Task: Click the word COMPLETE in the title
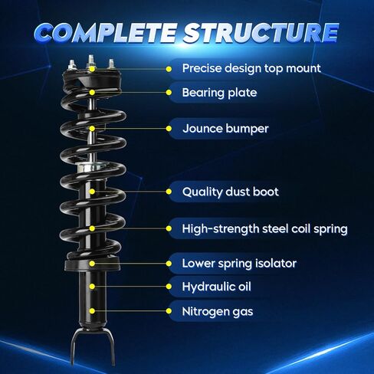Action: pos(105,32)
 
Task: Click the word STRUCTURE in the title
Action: pos(261,32)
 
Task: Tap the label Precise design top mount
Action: pos(251,68)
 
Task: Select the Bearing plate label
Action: pos(219,93)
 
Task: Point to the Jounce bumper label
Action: pos(225,129)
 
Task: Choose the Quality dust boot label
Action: pos(231,192)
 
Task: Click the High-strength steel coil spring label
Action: pos(264,228)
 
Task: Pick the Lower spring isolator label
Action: pos(239,264)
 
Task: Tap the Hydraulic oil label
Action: pos(216,287)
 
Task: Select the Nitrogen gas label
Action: pos(218,311)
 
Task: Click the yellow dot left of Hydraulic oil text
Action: pos(169,287)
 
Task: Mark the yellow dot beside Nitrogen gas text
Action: pos(169,311)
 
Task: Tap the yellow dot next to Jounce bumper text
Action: pos(169,129)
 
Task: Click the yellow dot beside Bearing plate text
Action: pos(169,93)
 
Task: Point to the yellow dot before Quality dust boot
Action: pos(169,192)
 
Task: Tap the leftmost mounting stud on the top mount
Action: pos(71,65)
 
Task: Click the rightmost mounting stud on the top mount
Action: pos(111,64)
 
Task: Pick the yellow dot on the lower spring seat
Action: pos(92,264)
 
